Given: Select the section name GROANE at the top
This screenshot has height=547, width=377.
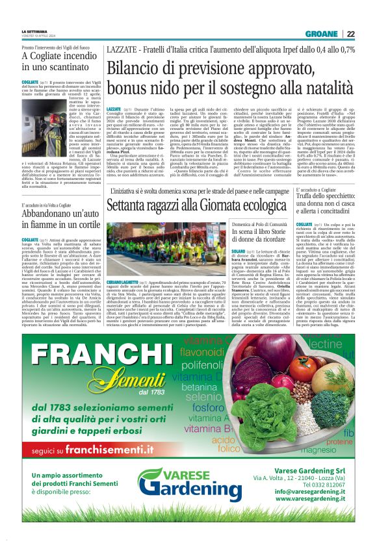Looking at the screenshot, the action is click(x=323, y=34).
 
